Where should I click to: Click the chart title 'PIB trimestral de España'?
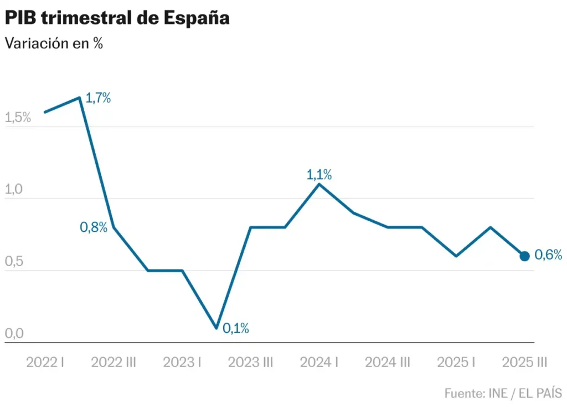click(117, 18)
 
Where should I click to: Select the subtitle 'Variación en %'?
click(54, 44)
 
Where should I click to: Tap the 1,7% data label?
click(98, 99)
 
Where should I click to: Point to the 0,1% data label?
click(235, 328)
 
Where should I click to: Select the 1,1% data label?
click(319, 175)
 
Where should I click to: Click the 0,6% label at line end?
click(548, 256)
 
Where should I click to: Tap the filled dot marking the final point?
click(524, 256)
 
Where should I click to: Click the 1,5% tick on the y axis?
click(17, 118)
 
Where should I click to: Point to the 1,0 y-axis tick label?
click(14, 190)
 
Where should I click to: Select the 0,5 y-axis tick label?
click(14, 262)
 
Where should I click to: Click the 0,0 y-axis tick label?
click(14, 334)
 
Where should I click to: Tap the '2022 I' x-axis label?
click(45, 363)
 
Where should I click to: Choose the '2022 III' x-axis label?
click(114, 363)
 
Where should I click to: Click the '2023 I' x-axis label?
click(182, 363)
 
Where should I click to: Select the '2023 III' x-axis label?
click(251, 363)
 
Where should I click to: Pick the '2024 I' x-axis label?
click(319, 363)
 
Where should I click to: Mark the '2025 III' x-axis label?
click(524, 363)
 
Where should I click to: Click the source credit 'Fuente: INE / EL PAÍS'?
click(503, 393)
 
